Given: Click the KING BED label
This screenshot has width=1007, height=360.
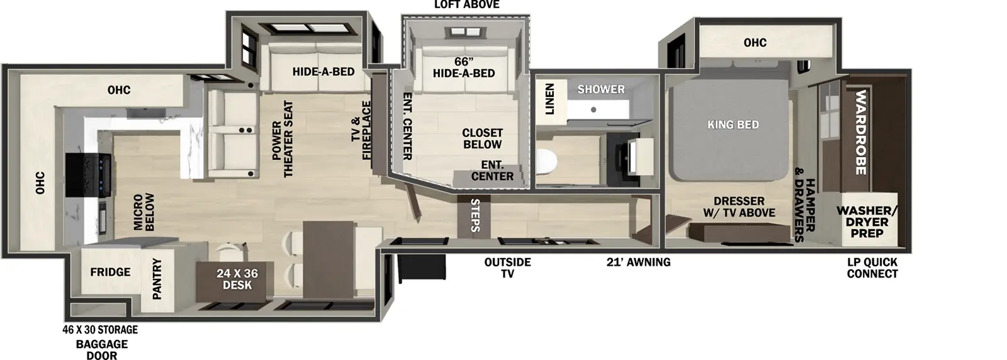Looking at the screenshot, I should [733, 125].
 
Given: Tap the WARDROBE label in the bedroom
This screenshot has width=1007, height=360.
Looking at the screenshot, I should [860, 133].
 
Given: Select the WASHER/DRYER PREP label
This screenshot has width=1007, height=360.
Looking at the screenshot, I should [867, 222].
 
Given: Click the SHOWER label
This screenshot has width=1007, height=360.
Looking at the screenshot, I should [601, 89].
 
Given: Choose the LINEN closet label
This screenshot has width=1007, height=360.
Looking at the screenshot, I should [549, 99].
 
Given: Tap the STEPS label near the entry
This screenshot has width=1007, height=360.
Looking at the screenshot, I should [476, 215].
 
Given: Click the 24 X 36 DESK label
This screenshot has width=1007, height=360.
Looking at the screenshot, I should [237, 279].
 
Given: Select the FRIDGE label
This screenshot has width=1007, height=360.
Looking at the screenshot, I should [110, 272].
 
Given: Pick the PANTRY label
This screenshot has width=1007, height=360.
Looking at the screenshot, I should [157, 278].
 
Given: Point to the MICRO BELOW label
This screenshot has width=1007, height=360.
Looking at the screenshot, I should [145, 212].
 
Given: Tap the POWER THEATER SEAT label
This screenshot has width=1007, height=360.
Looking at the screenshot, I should [283, 140].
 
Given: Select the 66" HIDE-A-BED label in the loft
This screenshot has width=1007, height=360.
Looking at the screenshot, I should [464, 67].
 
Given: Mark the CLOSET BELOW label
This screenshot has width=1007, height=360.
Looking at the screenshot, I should [483, 138].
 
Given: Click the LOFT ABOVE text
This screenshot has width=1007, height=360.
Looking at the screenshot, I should [466, 5].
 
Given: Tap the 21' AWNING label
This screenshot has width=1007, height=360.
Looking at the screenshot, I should [638, 262].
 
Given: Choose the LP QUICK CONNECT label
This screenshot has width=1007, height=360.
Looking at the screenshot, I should [872, 267].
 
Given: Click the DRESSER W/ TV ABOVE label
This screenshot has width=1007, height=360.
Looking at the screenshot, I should [739, 206].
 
